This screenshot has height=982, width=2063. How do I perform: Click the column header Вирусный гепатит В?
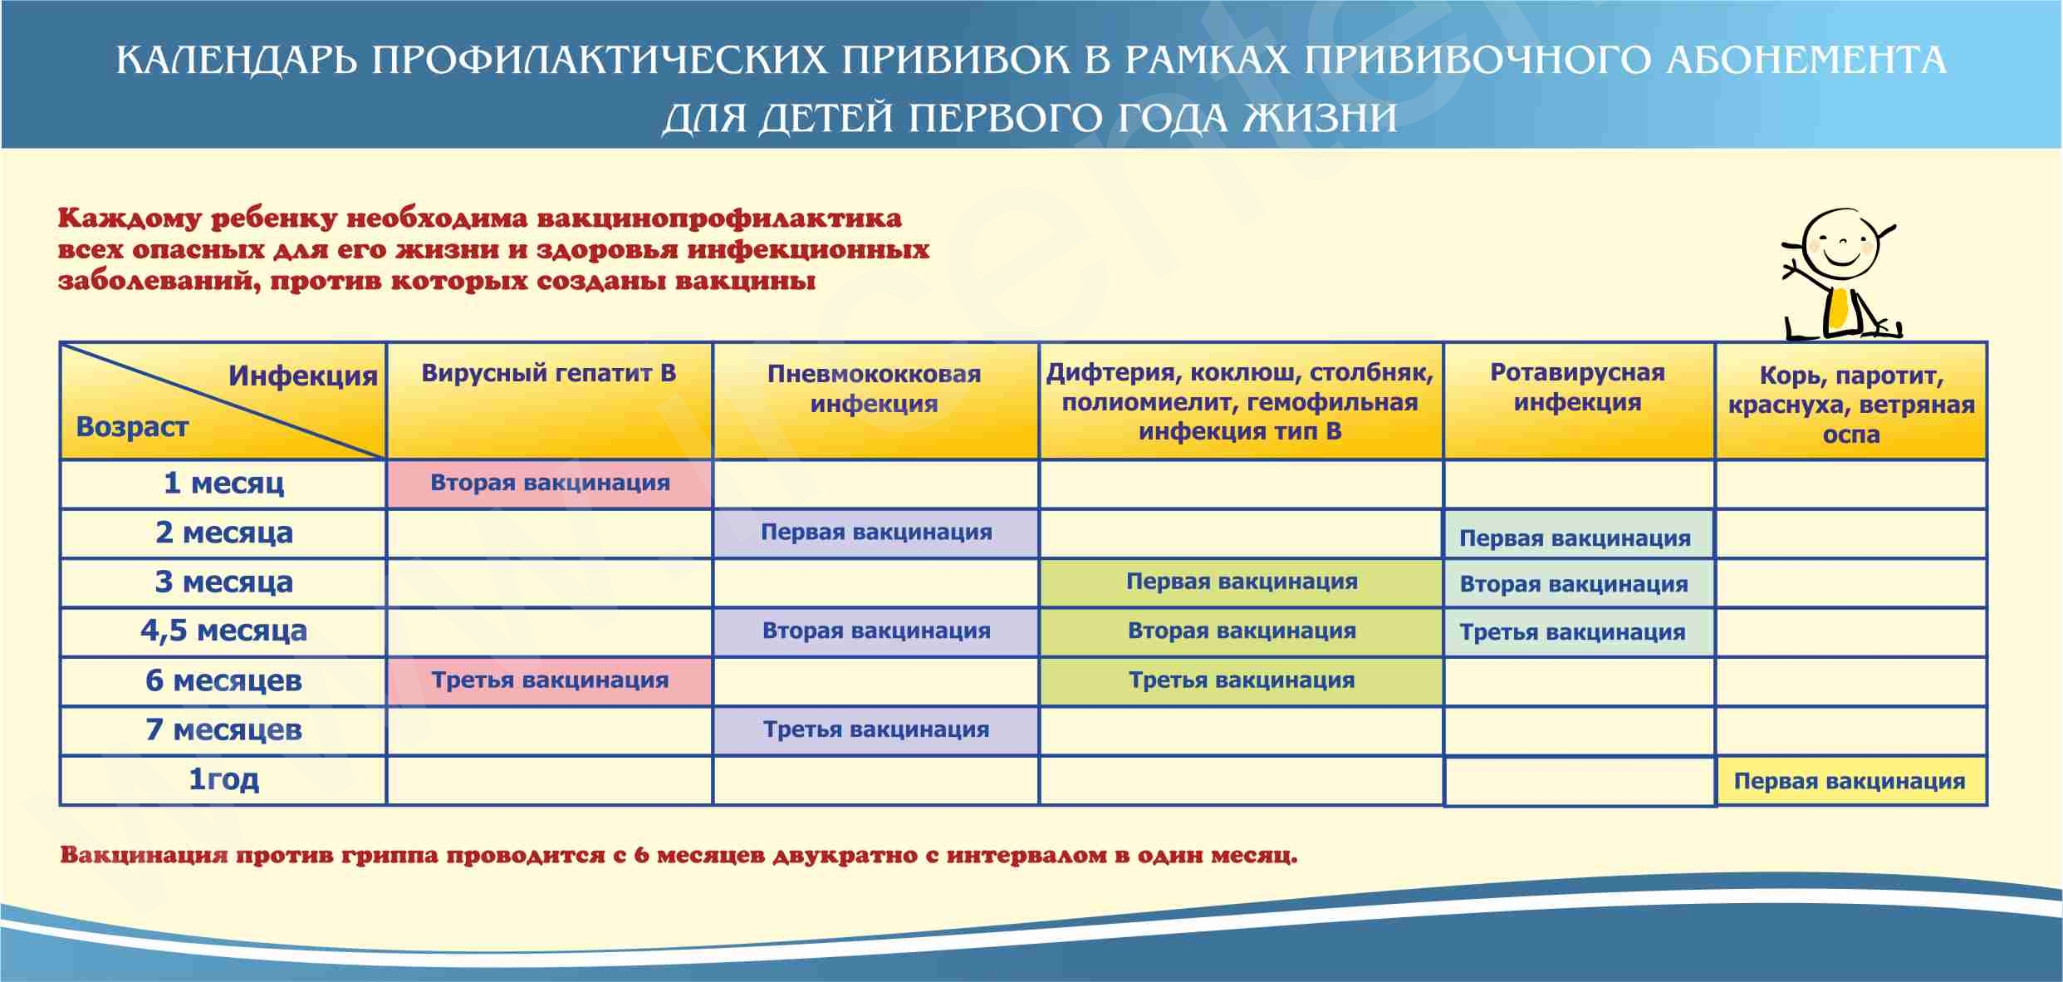point(549,373)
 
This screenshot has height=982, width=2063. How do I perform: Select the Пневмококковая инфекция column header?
point(875,389)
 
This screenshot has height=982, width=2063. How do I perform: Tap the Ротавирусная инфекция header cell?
point(1577,387)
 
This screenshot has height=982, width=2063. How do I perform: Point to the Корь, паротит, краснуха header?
point(1851,405)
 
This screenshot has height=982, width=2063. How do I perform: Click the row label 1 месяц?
point(223,483)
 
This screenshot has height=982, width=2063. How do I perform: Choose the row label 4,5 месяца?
point(223,631)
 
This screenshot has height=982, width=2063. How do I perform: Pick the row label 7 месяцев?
point(223,729)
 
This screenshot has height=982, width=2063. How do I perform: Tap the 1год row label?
point(223,779)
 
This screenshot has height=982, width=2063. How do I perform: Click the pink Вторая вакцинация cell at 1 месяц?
point(550,483)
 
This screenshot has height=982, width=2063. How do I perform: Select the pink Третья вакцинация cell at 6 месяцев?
point(550,680)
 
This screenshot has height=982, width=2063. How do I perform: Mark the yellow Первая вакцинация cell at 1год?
point(1850,781)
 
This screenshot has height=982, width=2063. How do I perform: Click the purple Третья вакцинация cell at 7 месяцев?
point(876,729)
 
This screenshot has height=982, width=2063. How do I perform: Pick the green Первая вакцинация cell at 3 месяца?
point(1242,582)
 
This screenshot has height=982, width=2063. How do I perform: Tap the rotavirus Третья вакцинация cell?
point(1573,632)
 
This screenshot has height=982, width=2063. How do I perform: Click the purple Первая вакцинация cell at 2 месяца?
point(876,533)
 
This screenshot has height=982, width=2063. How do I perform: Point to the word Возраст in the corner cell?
point(132,427)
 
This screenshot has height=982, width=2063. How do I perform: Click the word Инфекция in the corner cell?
point(303,376)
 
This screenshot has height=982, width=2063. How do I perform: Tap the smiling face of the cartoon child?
point(1841,247)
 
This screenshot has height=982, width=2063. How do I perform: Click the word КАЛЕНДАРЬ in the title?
point(235,61)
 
